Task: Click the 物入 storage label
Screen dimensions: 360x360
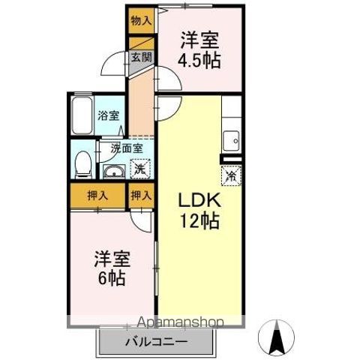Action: (x=139, y=21)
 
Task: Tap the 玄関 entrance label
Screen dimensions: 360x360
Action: (x=141, y=56)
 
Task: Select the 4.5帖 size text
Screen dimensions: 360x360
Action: (x=199, y=60)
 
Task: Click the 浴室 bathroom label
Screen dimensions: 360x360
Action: (x=108, y=115)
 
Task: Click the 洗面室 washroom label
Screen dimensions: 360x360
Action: (x=126, y=148)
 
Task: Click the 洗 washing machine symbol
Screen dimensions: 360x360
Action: (x=139, y=169)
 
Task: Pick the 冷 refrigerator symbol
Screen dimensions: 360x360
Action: (x=229, y=176)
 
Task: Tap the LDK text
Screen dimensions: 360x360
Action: (x=198, y=201)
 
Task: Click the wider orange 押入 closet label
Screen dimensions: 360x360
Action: (x=97, y=196)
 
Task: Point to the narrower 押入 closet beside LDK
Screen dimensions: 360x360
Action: (x=141, y=196)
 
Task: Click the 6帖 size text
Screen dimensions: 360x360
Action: (x=112, y=278)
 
